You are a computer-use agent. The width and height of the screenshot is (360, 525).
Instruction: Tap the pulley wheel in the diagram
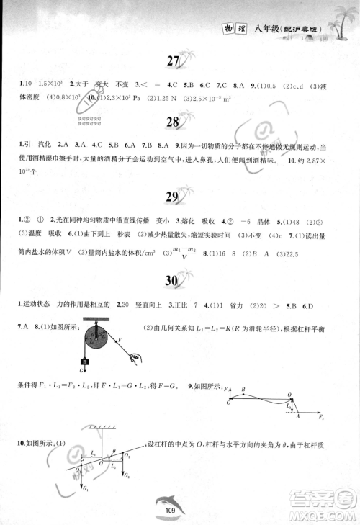[92, 336]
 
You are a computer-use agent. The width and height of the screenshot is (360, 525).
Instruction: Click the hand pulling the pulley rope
[134, 355]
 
